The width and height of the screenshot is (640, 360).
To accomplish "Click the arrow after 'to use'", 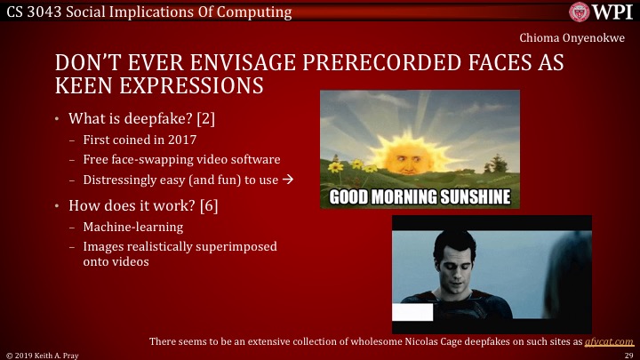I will (288, 179).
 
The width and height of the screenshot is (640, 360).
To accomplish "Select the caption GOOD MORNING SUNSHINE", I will (420, 196).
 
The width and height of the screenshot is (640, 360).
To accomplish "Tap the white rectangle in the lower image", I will (412, 312).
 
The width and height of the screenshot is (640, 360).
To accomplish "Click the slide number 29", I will (628, 354).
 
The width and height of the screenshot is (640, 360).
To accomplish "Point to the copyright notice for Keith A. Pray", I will (42, 354).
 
